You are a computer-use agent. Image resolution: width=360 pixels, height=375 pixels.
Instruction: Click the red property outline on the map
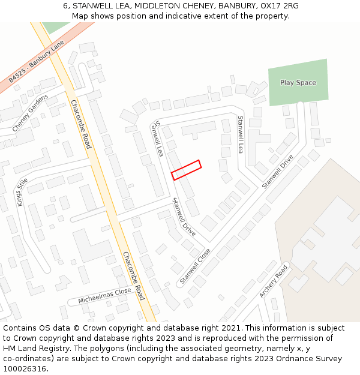186,170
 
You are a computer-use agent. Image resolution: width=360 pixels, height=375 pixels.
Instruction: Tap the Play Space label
298,83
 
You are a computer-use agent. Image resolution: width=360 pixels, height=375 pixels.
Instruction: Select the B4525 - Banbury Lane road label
37,62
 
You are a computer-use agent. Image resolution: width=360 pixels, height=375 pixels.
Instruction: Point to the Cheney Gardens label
29,112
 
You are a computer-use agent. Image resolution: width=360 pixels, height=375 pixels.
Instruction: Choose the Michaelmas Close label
104,295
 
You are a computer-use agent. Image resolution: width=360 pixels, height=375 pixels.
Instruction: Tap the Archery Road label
274,281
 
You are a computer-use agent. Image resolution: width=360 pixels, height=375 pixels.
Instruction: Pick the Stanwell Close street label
195,267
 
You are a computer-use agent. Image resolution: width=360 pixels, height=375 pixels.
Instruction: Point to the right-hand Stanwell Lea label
241,134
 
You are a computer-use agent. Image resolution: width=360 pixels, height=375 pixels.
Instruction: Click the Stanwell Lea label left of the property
158,139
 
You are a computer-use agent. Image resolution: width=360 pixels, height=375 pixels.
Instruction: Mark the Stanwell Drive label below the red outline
184,217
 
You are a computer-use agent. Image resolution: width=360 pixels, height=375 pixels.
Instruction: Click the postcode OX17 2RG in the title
282,6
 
